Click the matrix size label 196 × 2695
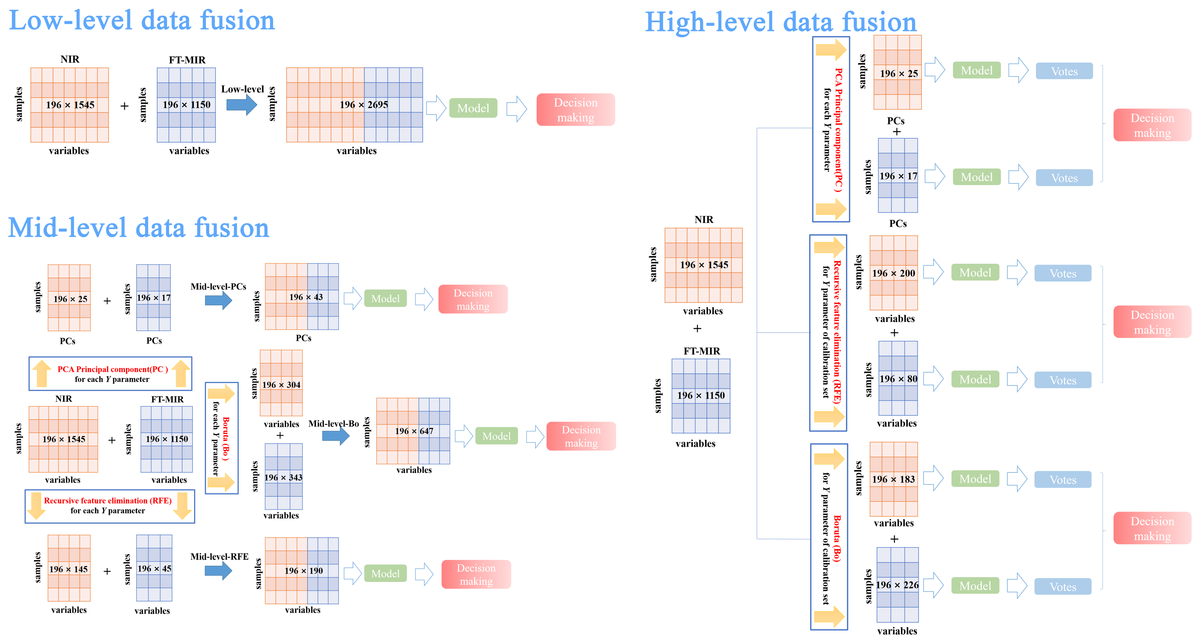click(364, 105)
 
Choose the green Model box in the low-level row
click(473, 108)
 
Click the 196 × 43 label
click(306, 297)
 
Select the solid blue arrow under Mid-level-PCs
click(218, 300)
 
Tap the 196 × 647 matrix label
click(414, 431)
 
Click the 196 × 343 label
click(283, 477)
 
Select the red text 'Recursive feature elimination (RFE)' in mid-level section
click(108, 500)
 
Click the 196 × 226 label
click(897, 585)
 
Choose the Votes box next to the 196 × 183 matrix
click(1063, 480)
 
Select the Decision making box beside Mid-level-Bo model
click(581, 436)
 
